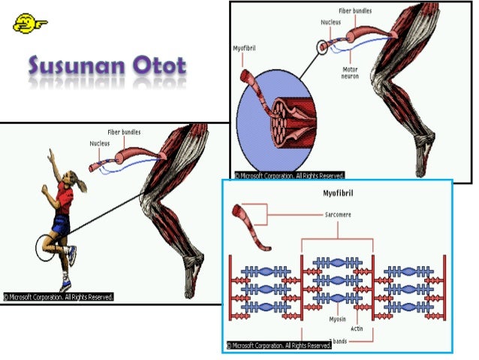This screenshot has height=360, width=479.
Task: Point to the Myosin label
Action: [x=337, y=319]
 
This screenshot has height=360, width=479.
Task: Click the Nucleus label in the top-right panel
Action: [x=330, y=23]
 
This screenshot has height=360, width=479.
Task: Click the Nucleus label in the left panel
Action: [x=100, y=144]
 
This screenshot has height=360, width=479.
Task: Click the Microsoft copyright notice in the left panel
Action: [x=59, y=297]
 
